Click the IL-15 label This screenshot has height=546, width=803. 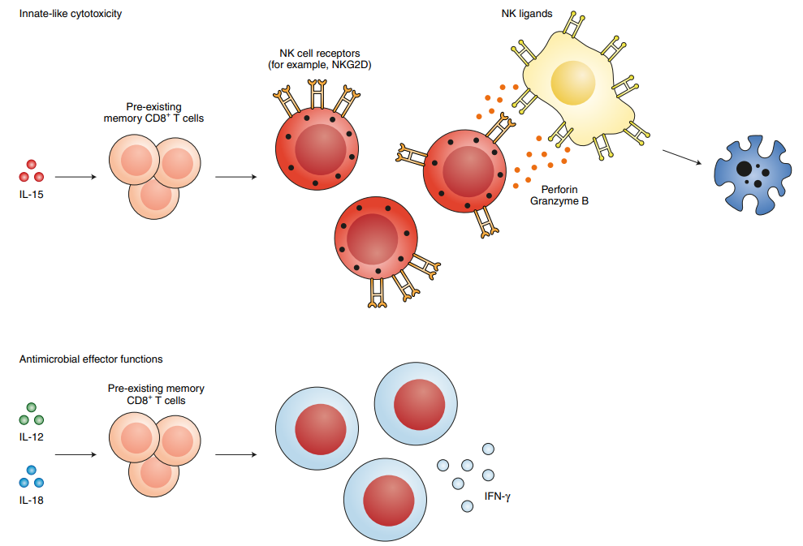[x=31, y=195]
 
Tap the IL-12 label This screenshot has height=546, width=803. [x=31, y=437]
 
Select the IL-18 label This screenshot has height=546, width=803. [x=31, y=500]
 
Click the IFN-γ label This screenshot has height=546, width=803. [x=497, y=497]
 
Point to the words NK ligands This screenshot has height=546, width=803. [x=527, y=14]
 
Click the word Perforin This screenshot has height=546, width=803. [x=559, y=189]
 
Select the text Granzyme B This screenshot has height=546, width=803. [x=559, y=201]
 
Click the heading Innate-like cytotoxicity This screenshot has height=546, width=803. [x=71, y=14]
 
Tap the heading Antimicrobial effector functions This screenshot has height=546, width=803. [x=91, y=359]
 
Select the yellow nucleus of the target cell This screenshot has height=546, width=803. [x=573, y=83]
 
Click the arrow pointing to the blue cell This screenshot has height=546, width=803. [x=682, y=157]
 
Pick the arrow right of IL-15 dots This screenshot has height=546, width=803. [x=76, y=177]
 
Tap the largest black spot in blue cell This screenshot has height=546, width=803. [x=744, y=169]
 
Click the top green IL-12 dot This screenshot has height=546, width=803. [x=31, y=407]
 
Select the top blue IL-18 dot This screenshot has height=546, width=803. [x=31, y=470]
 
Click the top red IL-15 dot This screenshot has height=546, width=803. [x=31, y=164]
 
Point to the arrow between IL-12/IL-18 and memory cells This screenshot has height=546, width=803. [x=76, y=454]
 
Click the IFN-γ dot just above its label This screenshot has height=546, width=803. [x=489, y=475]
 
